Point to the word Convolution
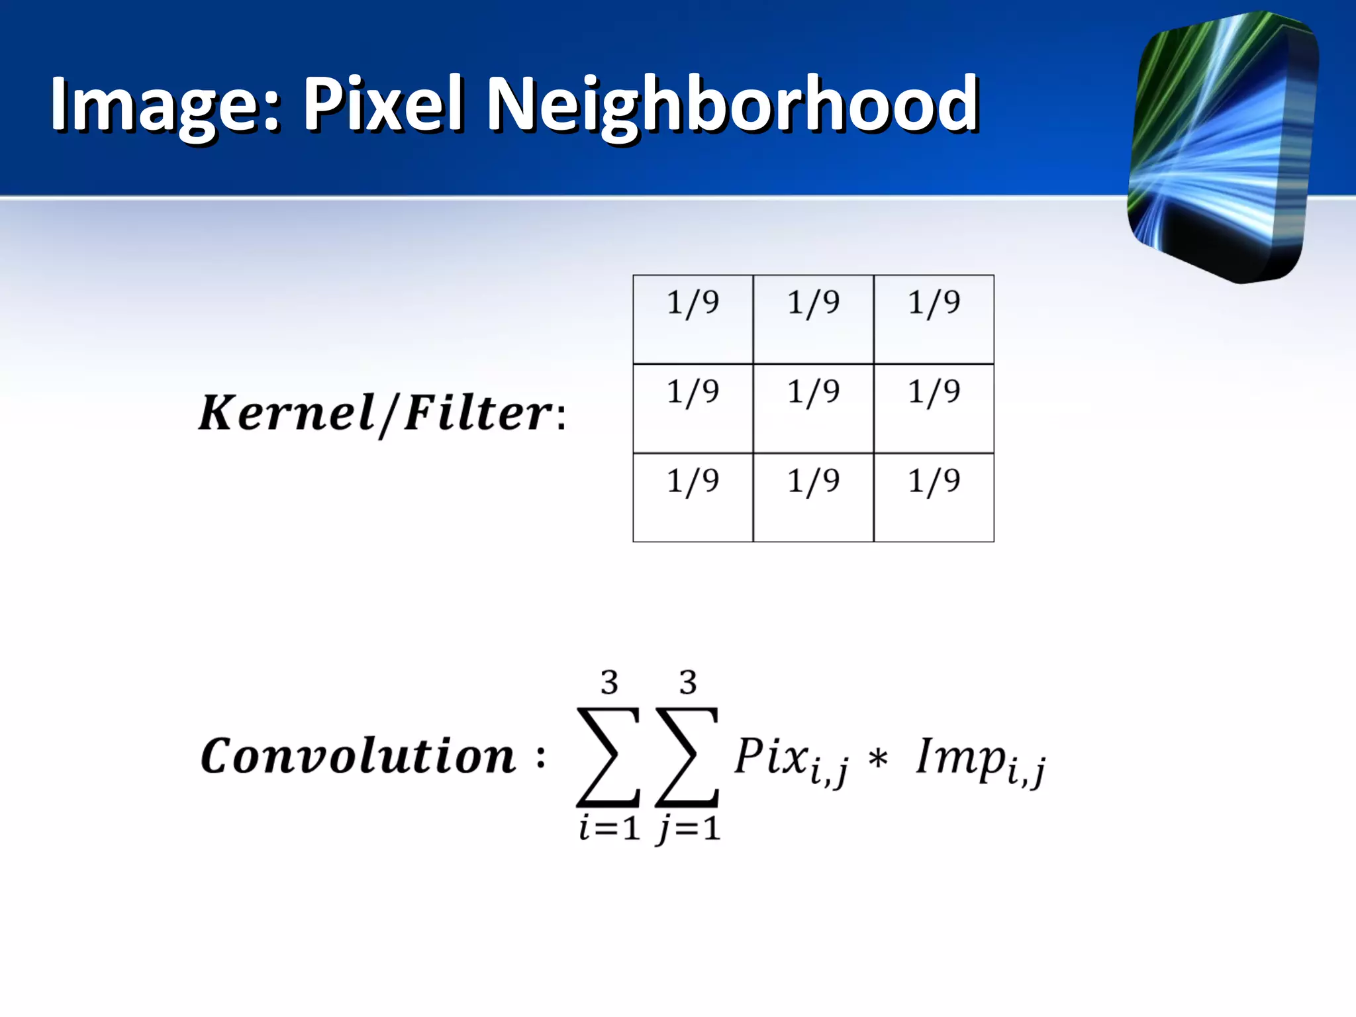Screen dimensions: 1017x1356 [358, 756]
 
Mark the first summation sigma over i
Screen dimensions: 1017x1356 [608, 757]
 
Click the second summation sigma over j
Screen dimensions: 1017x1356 [687, 757]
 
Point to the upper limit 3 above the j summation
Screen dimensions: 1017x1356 [688, 683]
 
